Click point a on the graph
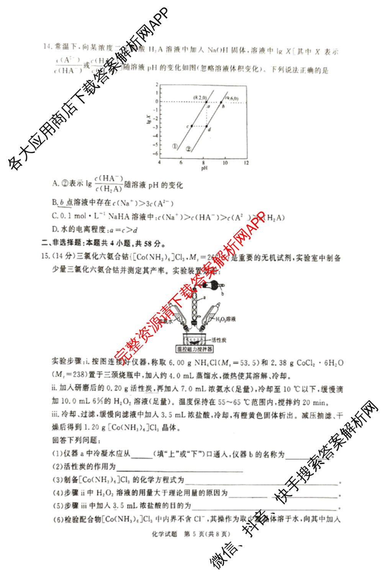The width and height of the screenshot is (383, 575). pos(206,102)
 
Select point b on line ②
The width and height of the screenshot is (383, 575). pos(221,102)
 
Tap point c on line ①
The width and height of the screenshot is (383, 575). pos(191,126)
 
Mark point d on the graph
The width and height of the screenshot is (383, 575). pos(206,126)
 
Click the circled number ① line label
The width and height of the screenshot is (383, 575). pos(175,147)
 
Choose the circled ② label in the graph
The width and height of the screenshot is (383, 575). pos(188,149)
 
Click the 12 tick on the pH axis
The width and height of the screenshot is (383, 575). pos(246,163)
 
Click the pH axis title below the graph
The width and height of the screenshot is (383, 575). pos(204,168)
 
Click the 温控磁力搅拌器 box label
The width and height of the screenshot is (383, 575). pos(194,350)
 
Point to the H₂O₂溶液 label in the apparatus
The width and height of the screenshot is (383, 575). pos(226,319)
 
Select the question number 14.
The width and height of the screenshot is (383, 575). pos(47,47)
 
